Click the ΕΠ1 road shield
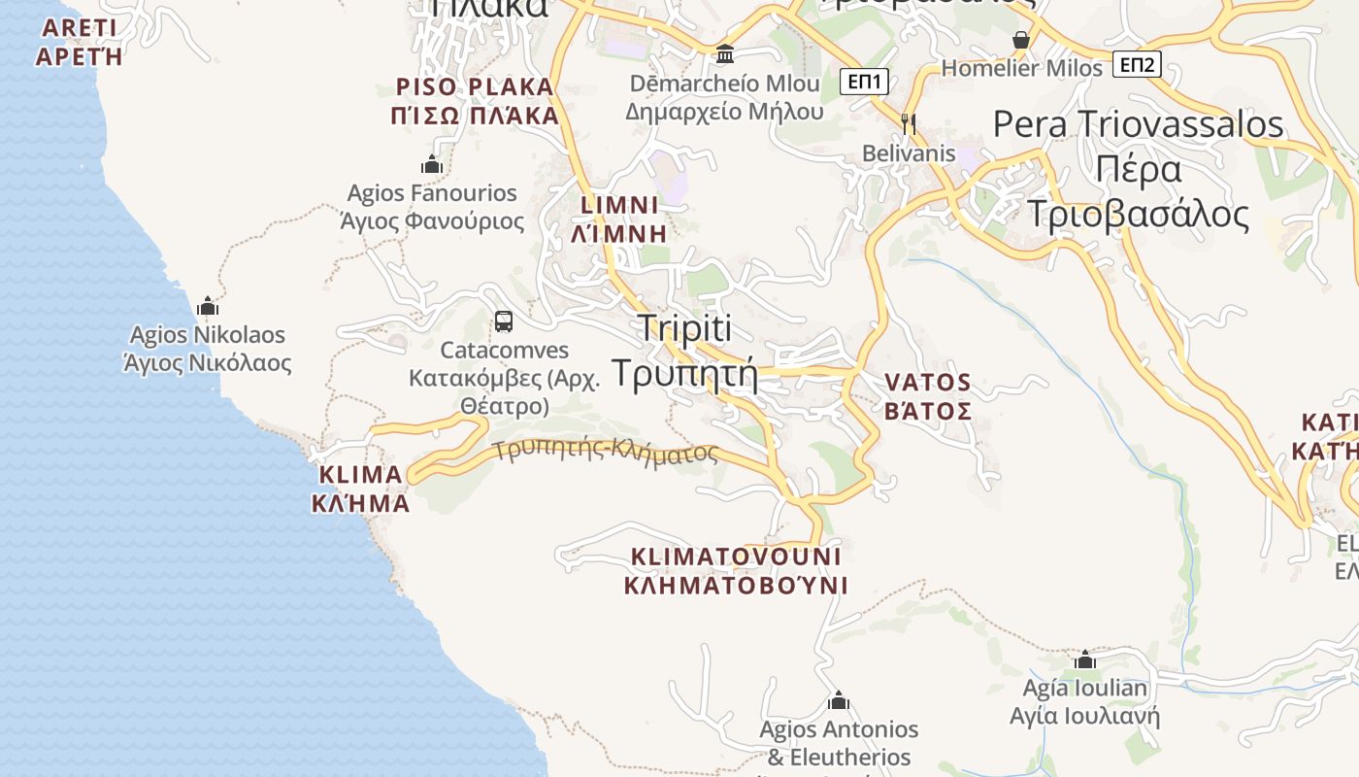tap(864, 82)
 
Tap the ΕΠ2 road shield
tap(1137, 65)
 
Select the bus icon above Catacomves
tap(503, 321)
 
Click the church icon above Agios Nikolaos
tap(208, 307)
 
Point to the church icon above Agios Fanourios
tap(432, 165)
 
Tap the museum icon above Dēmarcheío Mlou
tap(724, 53)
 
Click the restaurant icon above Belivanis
tap(909, 123)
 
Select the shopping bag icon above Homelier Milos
tap(1021, 40)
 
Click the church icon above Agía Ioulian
tap(1085, 660)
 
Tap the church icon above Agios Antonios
tap(839, 700)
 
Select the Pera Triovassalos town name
tap(1139, 124)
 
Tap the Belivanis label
tap(909, 153)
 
